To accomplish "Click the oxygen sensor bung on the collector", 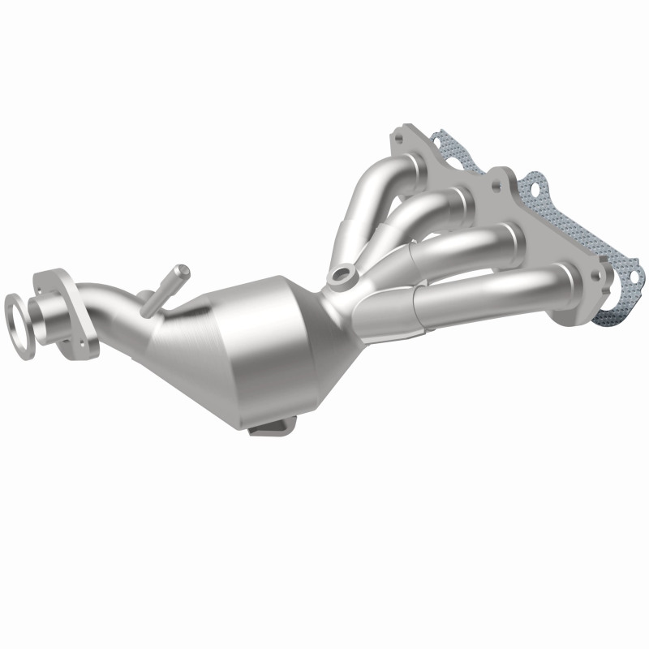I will point(341,278).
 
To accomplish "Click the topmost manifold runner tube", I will point(381,174).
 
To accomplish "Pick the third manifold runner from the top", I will point(462,243).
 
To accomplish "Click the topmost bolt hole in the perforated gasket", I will point(443,146).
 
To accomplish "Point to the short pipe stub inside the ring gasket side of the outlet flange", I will point(41,312).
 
